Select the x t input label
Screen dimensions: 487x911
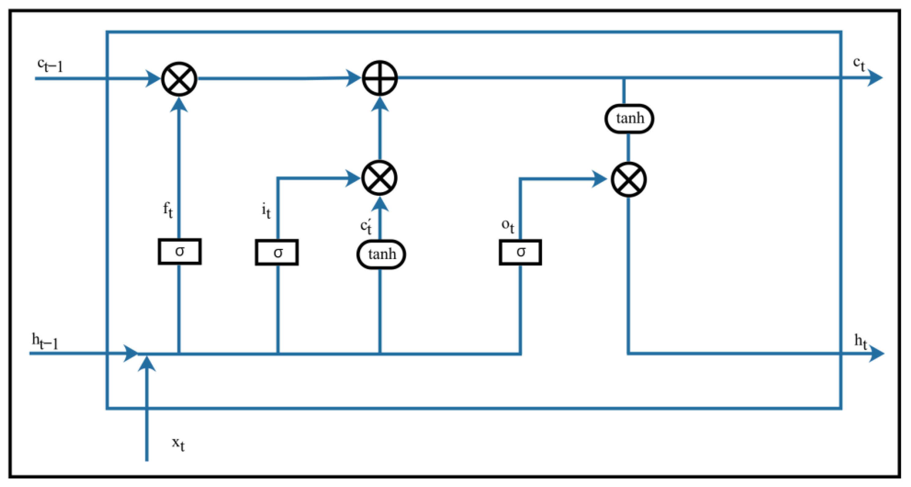pos(178,444)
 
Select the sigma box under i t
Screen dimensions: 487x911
pos(277,252)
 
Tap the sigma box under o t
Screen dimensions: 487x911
pos(520,252)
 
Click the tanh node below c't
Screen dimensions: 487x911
pos(381,254)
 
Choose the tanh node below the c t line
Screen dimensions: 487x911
pos(629,119)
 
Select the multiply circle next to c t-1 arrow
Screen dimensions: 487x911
pos(179,79)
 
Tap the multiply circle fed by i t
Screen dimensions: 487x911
pos(380,178)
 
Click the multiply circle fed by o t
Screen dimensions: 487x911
pos(629,180)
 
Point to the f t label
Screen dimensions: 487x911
pos(168,210)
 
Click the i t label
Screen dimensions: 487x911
pos(266,211)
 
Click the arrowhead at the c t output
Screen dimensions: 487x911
pos(875,78)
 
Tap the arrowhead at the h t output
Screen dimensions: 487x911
pos(876,354)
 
